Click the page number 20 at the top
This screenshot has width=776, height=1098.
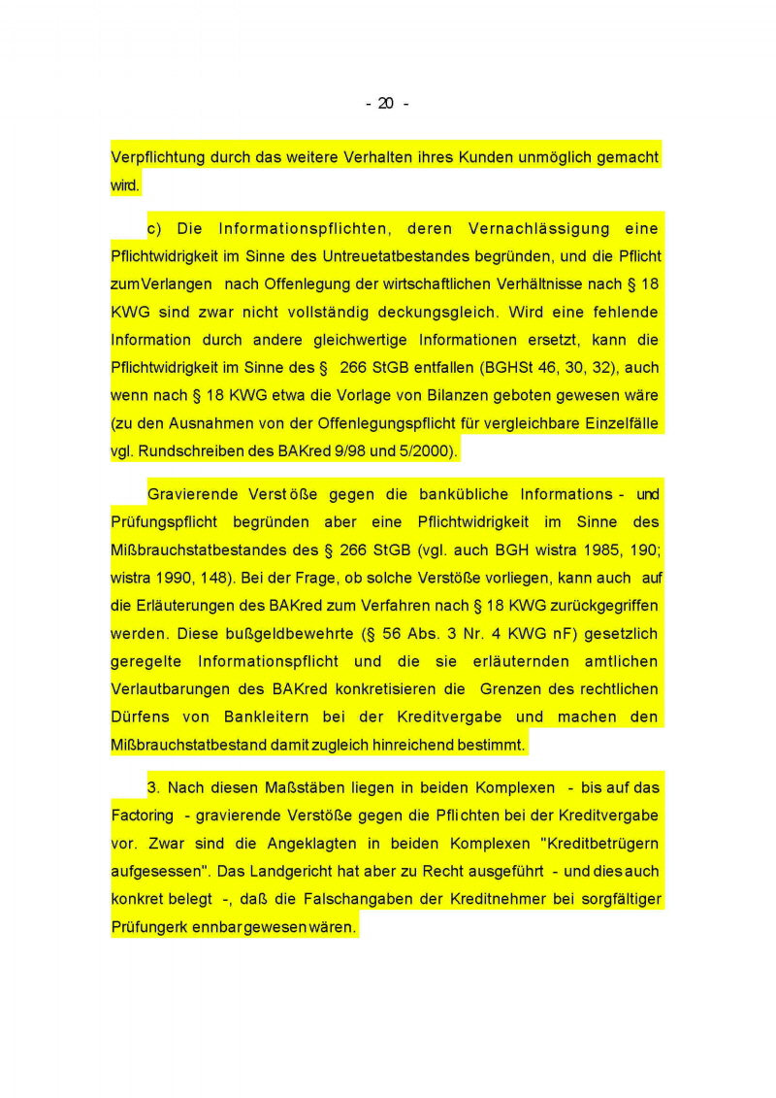pos(386,104)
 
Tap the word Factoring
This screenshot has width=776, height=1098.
pos(143,815)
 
